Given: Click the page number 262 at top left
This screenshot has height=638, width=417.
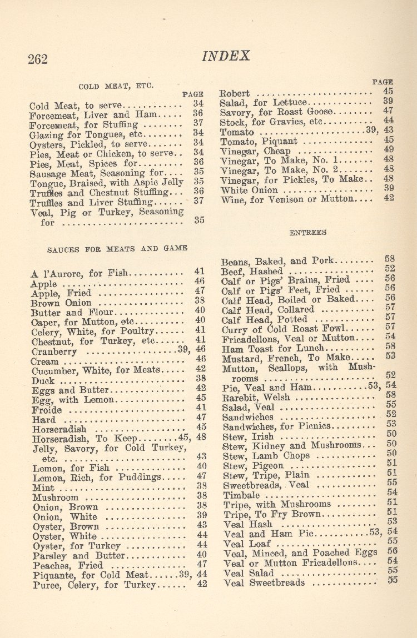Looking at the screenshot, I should [x=38, y=59].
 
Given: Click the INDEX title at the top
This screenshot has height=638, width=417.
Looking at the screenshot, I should [x=226, y=56].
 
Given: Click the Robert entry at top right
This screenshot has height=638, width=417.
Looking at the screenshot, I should [x=235, y=93].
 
